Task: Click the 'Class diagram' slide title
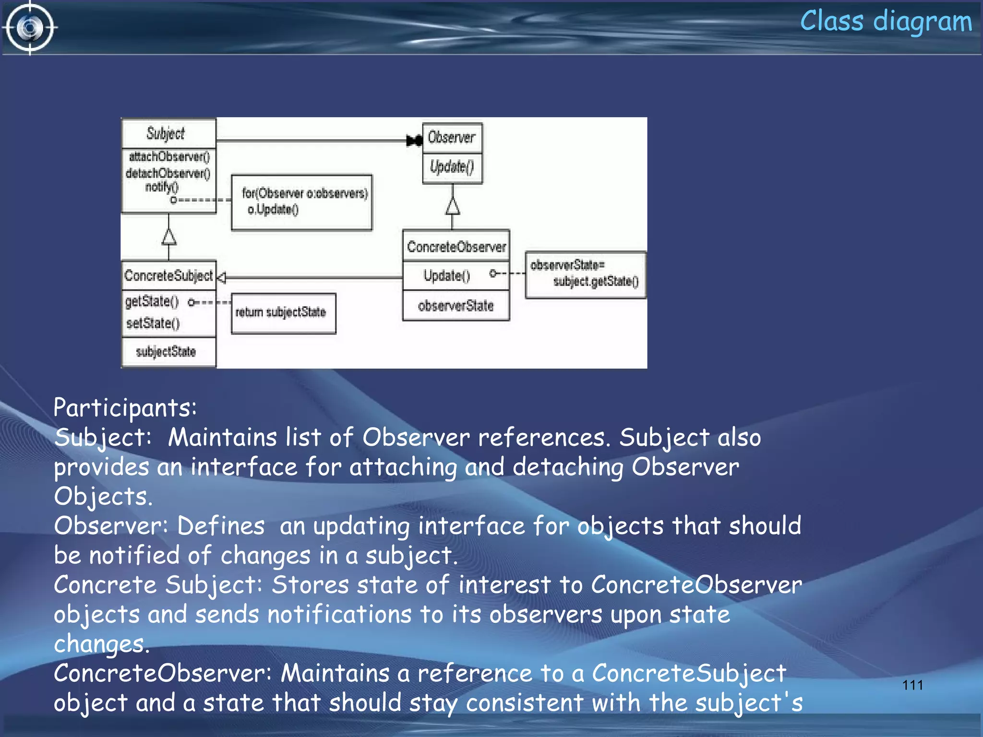pyautogui.click(x=886, y=22)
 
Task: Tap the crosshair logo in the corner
pyautogui.click(x=30, y=28)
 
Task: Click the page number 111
pyautogui.click(x=912, y=685)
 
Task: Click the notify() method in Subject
pyautogui.click(x=162, y=187)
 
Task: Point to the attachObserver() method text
pyautogui.click(x=169, y=157)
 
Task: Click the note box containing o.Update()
pyautogui.click(x=301, y=202)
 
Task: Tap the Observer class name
pyautogui.click(x=452, y=138)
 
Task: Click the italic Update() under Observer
pyautogui.click(x=452, y=166)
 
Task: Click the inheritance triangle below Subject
pyautogui.click(x=168, y=236)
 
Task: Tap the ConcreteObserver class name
pyautogui.click(x=456, y=247)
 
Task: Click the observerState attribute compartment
pyautogui.click(x=456, y=306)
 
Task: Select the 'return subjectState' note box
pyautogui.click(x=283, y=313)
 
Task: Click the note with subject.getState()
pyautogui.click(x=585, y=274)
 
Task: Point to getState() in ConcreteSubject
pyautogui.click(x=152, y=301)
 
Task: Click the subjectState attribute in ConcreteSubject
pyautogui.click(x=166, y=352)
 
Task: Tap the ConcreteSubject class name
pyautogui.click(x=168, y=275)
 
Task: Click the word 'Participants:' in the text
pyautogui.click(x=125, y=408)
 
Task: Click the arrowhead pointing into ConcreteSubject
pyautogui.click(x=221, y=277)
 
